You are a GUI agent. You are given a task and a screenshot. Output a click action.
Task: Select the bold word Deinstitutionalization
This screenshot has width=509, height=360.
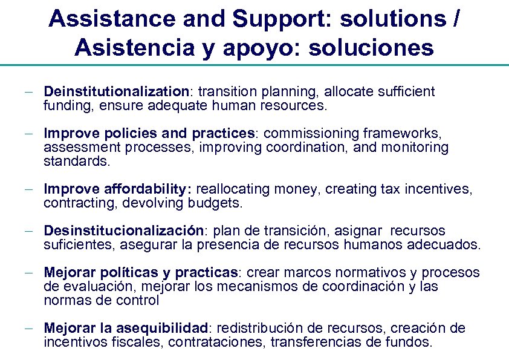coord(117,92)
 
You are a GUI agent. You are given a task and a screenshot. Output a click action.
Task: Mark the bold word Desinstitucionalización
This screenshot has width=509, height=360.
coord(123,231)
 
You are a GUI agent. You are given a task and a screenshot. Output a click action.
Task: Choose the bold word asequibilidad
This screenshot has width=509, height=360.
coord(162,328)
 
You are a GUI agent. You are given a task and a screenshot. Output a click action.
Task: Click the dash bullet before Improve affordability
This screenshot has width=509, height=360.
coord(29,189)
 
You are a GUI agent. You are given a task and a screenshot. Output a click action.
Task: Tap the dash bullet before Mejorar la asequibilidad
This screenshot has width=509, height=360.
coord(29,329)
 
